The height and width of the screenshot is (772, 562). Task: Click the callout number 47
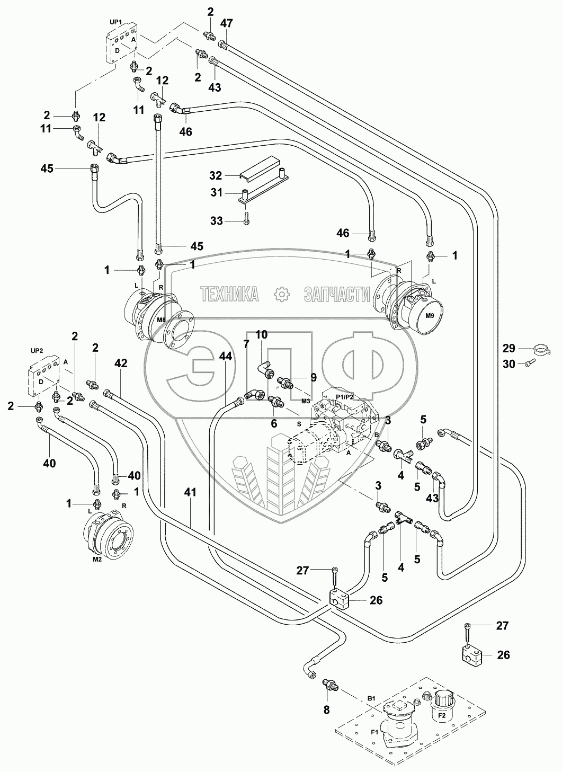(227, 23)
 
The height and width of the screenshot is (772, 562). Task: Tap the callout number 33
(217, 221)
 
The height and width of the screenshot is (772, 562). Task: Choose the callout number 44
(226, 357)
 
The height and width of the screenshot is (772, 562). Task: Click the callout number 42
(121, 363)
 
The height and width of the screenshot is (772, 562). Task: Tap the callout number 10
(262, 334)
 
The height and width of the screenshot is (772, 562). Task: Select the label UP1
(115, 23)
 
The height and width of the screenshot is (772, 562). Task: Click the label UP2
(36, 350)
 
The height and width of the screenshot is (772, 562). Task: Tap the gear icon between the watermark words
(281, 294)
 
